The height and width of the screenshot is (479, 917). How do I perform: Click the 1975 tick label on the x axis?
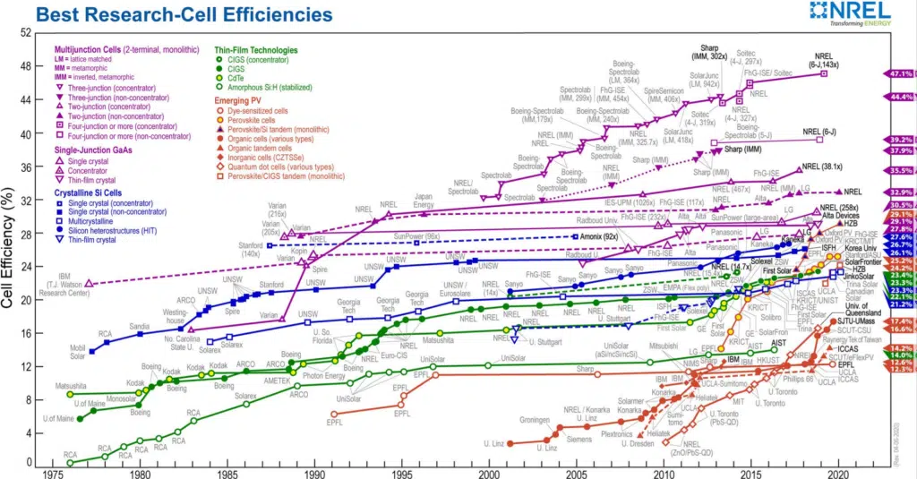(x=53, y=472)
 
